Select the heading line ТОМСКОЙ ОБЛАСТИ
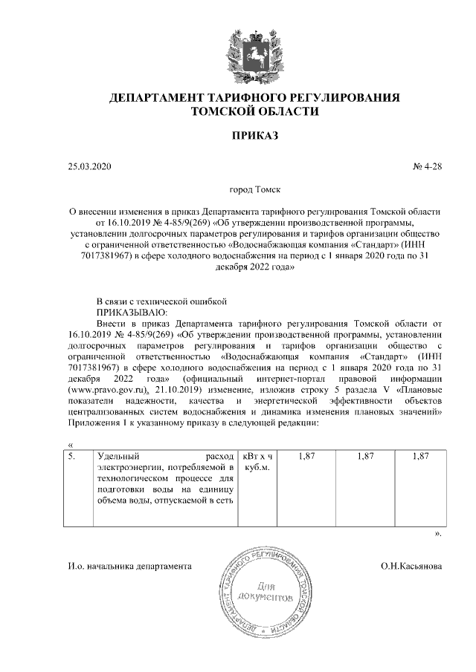[x=254, y=111]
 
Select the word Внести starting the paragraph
[x=115, y=324]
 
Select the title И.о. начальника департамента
[x=129, y=567]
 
